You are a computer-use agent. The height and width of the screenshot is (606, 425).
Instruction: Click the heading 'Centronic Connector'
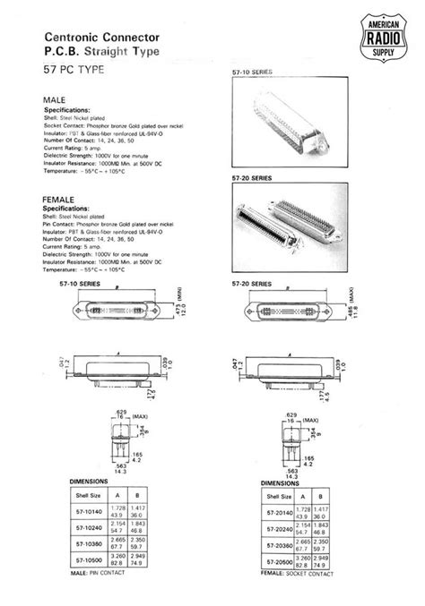[102, 38]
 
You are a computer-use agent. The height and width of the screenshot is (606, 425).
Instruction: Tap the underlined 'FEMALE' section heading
[59, 199]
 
